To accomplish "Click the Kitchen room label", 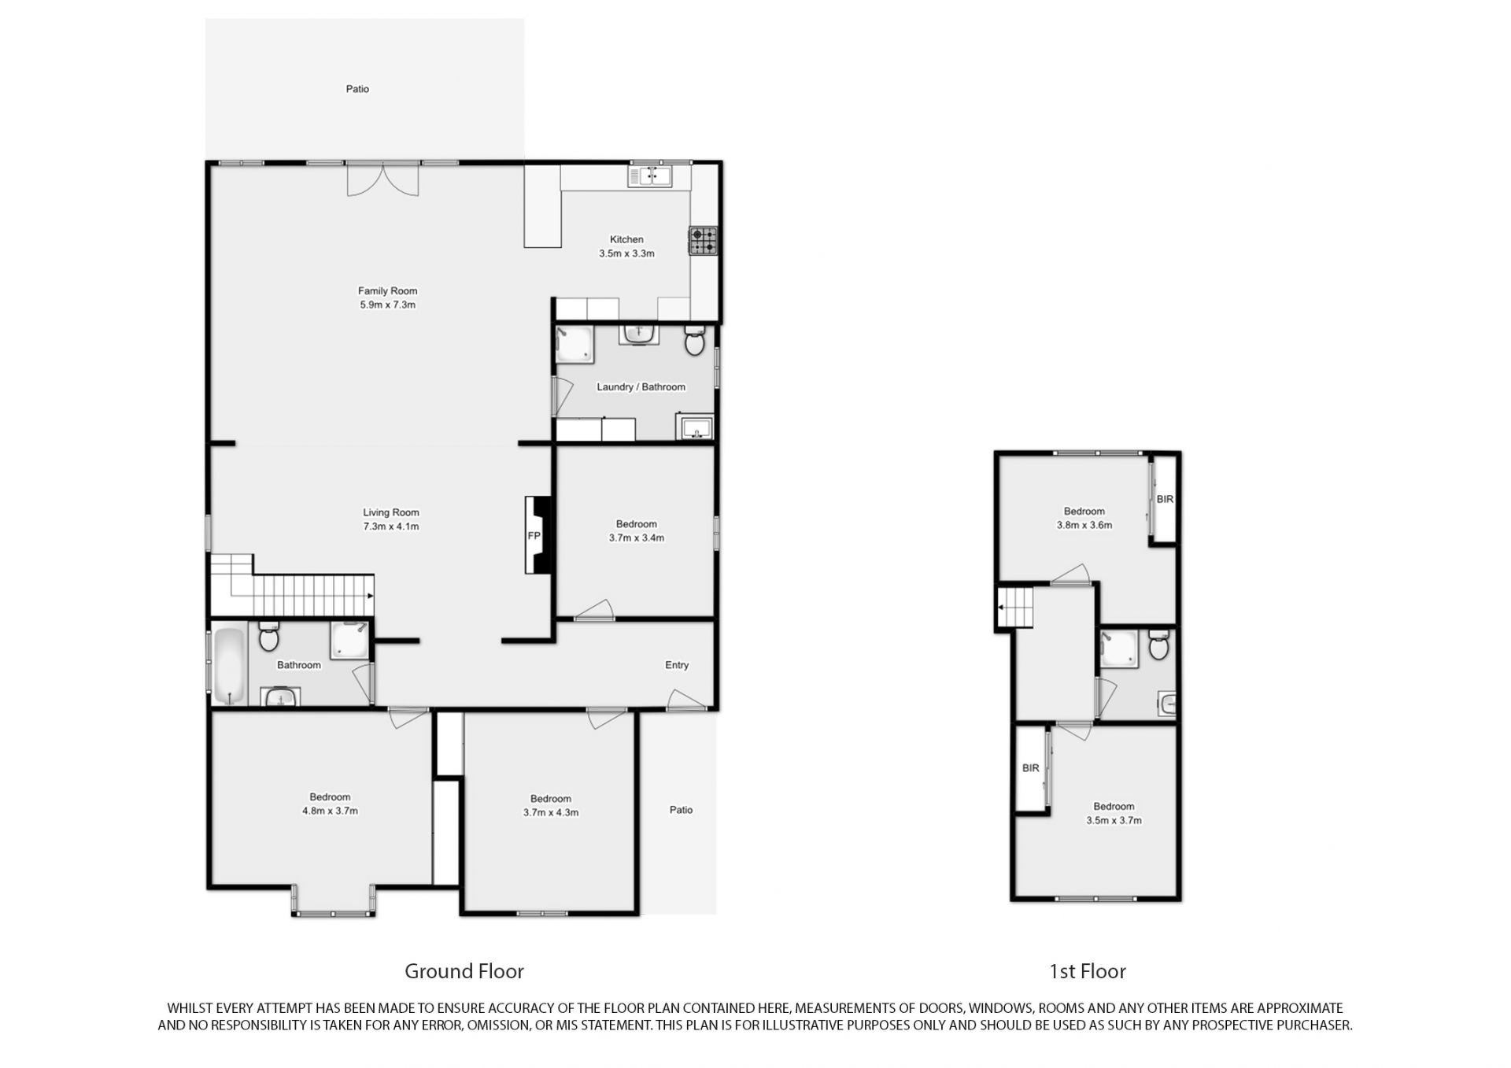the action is pos(626,239).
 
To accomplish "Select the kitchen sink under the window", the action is pos(649,176).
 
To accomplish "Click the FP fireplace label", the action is pos(534,536).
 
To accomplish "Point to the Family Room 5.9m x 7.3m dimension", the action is pos(387,305).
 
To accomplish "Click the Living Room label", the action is pos(391,512).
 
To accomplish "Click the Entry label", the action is pos(677,665).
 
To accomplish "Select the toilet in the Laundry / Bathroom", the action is pos(695,341).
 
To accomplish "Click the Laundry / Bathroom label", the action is pos(641,387).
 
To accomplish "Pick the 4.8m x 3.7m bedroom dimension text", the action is pos(330,811).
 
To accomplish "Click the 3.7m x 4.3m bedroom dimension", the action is pos(551,812).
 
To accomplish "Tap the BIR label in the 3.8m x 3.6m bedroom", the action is pos(1165,499).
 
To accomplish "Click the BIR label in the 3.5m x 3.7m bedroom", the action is pos(1031,768).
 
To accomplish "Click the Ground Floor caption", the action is pos(464,971).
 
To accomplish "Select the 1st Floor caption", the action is pos(1088,971).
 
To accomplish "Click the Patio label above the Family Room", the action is pos(357,89).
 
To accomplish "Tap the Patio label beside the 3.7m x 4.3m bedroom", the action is pos(682,810).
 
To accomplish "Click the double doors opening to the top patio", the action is pos(383,179).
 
